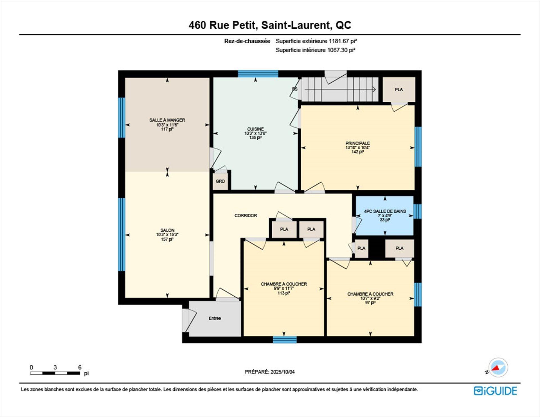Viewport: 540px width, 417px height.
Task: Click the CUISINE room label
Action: click(x=255, y=129)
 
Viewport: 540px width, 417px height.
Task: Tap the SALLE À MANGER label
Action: click(x=167, y=120)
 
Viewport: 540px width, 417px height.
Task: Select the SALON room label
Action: click(x=167, y=230)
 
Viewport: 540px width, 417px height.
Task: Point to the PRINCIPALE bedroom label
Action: click(x=357, y=143)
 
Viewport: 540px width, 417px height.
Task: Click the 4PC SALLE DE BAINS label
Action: click(x=385, y=211)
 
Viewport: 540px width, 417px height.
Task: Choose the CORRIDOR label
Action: click(x=246, y=215)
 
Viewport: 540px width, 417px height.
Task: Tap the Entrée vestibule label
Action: click(x=215, y=318)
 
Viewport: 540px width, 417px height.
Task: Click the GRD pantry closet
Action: click(x=220, y=181)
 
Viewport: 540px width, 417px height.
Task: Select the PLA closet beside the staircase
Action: click(x=399, y=89)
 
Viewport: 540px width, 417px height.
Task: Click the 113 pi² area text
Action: click(x=283, y=293)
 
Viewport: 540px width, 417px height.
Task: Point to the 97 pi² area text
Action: click(x=370, y=303)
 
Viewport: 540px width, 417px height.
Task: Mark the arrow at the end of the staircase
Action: click(x=374, y=89)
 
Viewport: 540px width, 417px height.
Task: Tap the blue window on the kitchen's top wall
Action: click(x=258, y=74)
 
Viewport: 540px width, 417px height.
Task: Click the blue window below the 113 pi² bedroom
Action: click(x=285, y=340)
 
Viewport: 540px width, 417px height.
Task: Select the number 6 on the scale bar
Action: click(x=80, y=367)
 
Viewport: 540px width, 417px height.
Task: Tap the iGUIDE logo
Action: click(x=495, y=391)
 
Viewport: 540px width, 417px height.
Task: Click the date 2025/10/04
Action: click(x=283, y=372)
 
